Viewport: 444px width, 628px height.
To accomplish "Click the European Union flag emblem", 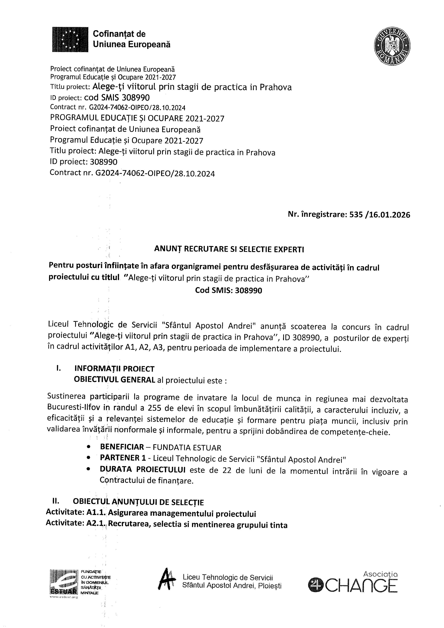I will click(x=70, y=39).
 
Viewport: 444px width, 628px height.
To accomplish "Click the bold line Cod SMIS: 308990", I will click(x=228, y=290).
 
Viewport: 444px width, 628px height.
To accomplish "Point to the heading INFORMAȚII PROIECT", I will click(x=114, y=369).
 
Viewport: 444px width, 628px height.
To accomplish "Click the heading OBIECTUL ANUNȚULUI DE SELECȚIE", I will click(x=138, y=502).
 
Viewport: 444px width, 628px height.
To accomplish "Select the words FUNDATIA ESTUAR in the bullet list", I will click(x=187, y=447).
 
